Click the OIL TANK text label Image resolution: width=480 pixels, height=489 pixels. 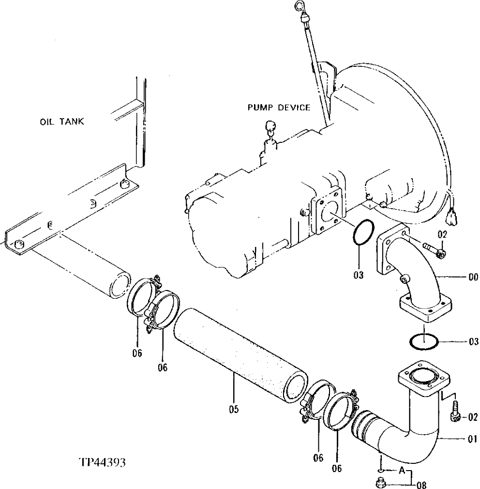coord(61,122)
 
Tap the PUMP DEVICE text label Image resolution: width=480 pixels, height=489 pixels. coord(279,107)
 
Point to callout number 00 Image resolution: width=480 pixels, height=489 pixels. coord(472,277)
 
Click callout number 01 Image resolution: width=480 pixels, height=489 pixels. coord(472,440)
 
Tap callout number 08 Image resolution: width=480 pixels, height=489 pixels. coord(421,484)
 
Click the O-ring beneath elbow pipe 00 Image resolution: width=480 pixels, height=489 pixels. coord(424,341)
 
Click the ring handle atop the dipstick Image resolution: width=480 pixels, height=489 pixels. coord(299,5)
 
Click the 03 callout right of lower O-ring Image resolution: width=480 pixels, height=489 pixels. coord(473,341)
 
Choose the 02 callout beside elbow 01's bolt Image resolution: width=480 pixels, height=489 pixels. coord(473,417)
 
